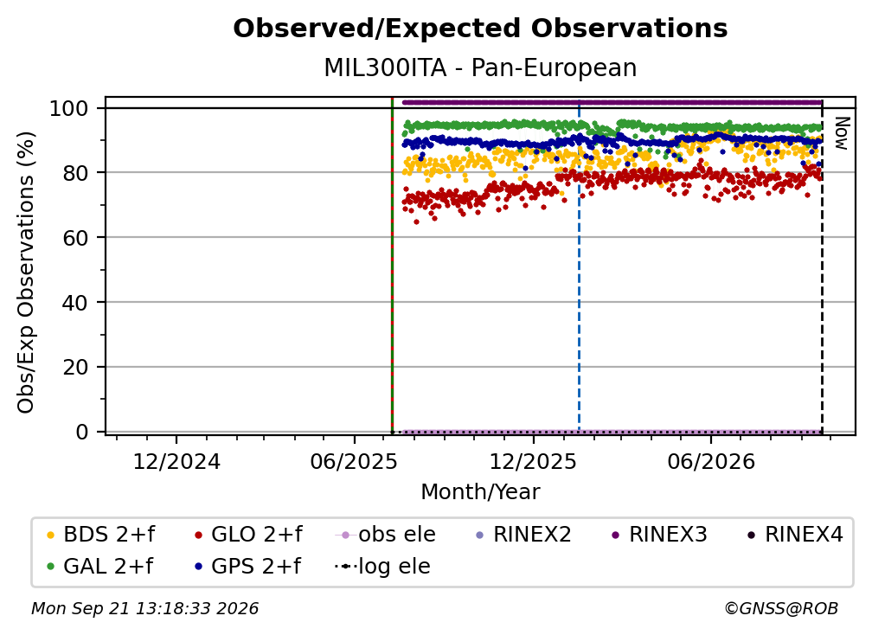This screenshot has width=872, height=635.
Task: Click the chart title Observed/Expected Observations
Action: (x=480, y=29)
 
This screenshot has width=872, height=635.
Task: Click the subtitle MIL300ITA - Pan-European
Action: (x=480, y=67)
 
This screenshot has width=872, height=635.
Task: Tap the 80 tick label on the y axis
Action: (x=75, y=173)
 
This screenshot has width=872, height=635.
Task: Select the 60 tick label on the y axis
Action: (x=75, y=237)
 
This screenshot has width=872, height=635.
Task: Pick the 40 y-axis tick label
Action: (x=75, y=303)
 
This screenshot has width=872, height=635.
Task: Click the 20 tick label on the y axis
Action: (x=75, y=367)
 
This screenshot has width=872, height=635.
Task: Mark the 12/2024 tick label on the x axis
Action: (x=176, y=461)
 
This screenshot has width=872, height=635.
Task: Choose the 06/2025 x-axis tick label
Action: (x=355, y=461)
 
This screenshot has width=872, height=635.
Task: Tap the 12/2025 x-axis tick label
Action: (x=533, y=461)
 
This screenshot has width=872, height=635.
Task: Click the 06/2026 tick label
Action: (x=711, y=461)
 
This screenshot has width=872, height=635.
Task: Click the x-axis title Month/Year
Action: (x=480, y=491)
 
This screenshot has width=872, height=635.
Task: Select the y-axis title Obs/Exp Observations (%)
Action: (x=26, y=273)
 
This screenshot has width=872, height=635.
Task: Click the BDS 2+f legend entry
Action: (x=100, y=535)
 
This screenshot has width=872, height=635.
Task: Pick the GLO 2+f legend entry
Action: (x=248, y=535)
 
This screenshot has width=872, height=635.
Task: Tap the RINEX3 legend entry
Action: (x=659, y=535)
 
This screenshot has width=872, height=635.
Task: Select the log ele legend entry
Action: (x=382, y=566)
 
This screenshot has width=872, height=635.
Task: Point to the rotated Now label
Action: (x=842, y=133)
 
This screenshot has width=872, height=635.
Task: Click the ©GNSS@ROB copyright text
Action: (x=781, y=608)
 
